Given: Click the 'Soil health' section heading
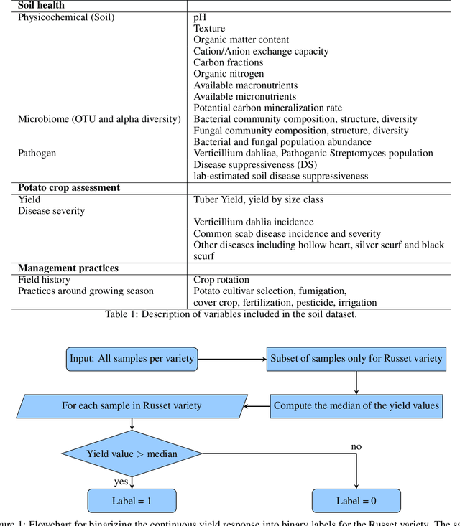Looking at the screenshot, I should pos(41,5).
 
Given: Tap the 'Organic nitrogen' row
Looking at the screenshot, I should pos(229,73).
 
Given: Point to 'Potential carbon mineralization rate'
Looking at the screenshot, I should pos(267,108).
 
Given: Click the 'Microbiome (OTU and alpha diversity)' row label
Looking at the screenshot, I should pos(99,119).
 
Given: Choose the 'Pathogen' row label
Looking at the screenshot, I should pos(37,153).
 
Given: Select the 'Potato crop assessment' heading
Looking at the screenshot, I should pos(69,188).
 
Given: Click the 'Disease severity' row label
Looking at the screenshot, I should pos(51,210).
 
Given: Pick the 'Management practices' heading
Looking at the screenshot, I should pos(68,268).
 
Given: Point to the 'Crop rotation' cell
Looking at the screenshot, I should pos(221,280).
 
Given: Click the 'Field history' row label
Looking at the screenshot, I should pos(45,280).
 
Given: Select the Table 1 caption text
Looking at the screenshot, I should pos(230,314).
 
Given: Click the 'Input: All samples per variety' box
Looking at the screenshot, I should pos(132,358).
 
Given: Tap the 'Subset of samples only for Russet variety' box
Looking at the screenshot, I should pos(356,358).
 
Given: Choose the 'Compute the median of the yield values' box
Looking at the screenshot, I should pos(356,405).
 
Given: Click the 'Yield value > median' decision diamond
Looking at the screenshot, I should pos(132,454).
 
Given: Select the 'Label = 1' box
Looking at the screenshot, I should pos(132,500).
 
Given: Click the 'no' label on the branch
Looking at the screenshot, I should pos(356,446).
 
